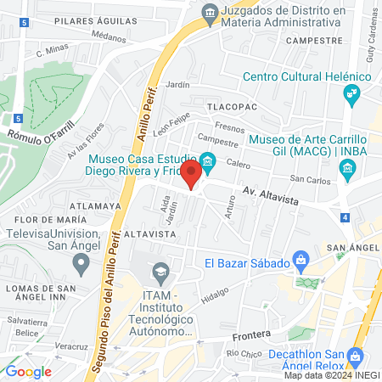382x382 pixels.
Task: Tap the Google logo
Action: tap(28, 371)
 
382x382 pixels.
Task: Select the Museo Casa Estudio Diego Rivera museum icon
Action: tap(207, 160)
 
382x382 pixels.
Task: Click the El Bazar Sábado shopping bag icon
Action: tap(300, 259)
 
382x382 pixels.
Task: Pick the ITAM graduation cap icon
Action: tap(159, 273)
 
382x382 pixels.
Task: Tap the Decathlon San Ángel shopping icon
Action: tap(356, 357)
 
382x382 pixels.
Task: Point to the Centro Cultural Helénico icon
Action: tap(351, 97)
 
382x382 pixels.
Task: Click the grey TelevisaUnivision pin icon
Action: tap(81, 264)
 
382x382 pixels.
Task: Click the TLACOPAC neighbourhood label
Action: tap(226, 108)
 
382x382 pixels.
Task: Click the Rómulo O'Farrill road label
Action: tap(42, 132)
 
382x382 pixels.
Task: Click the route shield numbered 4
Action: tap(345, 218)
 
